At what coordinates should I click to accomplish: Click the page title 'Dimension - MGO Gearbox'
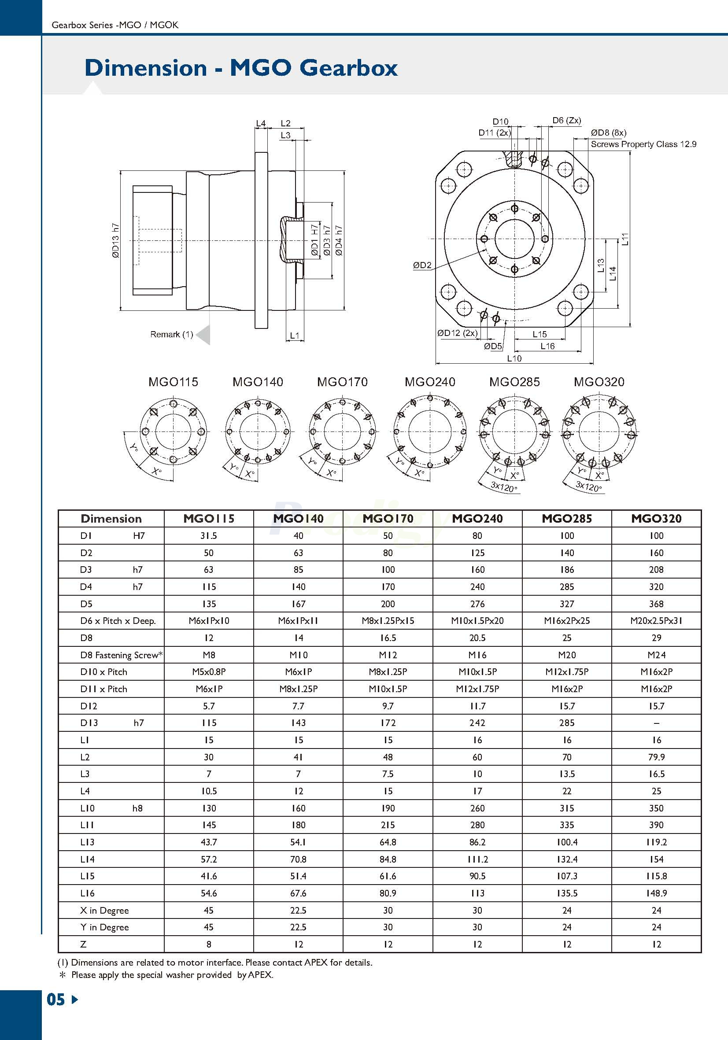[241, 68]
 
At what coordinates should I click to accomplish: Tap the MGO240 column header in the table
[477, 519]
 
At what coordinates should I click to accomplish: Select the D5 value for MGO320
[656, 604]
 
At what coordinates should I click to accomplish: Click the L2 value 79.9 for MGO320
[656, 757]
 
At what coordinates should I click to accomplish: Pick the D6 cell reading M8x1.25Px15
[388, 620]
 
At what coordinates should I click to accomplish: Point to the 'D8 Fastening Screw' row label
[122, 655]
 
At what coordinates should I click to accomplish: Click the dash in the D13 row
[656, 723]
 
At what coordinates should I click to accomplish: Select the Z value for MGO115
[209, 944]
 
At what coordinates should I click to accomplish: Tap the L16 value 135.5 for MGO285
[567, 893]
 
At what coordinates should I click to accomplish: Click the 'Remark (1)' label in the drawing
[171, 334]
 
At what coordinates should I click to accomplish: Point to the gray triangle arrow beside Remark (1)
[203, 335]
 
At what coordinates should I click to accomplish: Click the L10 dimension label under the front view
[514, 358]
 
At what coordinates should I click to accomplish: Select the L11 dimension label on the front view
[625, 239]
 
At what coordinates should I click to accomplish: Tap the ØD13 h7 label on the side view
[115, 240]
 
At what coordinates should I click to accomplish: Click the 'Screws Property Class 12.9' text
[643, 144]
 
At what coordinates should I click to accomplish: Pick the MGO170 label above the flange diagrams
[342, 382]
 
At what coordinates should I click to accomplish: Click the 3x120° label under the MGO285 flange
[504, 487]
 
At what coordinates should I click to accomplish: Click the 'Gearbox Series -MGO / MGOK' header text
[115, 25]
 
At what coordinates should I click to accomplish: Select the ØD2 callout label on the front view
[422, 266]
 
